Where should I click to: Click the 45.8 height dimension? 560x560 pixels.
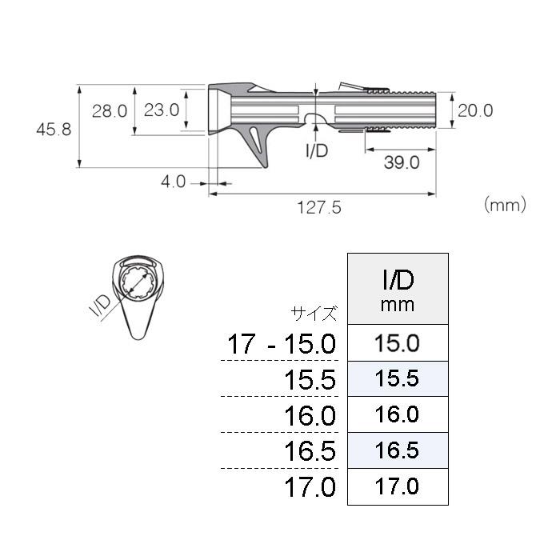pyautogui.click(x=54, y=128)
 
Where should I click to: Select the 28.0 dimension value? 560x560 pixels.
pyautogui.click(x=109, y=111)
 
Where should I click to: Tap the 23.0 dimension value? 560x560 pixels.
pyautogui.click(x=161, y=111)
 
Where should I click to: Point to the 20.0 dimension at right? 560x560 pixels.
pyautogui.click(x=476, y=110)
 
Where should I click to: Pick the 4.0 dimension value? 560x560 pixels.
pyautogui.click(x=173, y=182)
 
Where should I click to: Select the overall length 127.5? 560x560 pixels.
pyautogui.click(x=319, y=207)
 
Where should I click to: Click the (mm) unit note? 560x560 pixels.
pyautogui.click(x=506, y=205)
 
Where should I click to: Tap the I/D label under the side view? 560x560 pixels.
pyautogui.click(x=318, y=150)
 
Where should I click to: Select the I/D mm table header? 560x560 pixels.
pyautogui.click(x=397, y=289)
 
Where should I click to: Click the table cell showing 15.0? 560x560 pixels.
pyautogui.click(x=397, y=343)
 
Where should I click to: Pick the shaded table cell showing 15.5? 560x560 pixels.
pyautogui.click(x=397, y=378)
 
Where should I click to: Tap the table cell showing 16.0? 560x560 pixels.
pyautogui.click(x=397, y=414)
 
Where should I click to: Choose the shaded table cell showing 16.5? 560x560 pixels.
pyautogui.click(x=397, y=450)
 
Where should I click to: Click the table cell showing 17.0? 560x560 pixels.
pyautogui.click(x=397, y=486)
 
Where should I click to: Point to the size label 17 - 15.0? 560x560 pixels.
pyautogui.click(x=281, y=345)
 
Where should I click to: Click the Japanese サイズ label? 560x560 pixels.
pyautogui.click(x=315, y=314)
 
